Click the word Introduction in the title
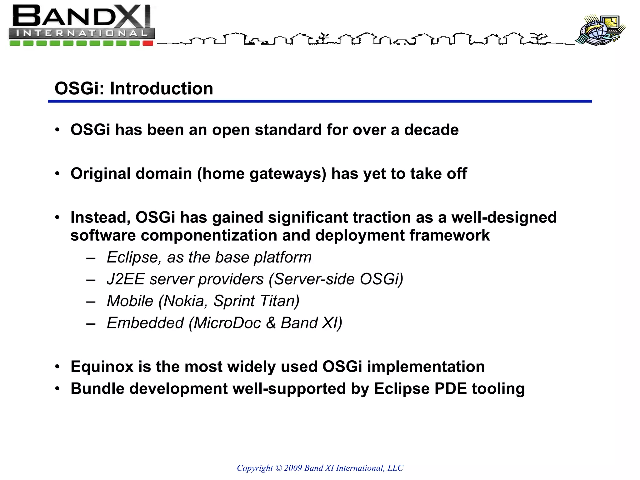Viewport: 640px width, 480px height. (161, 88)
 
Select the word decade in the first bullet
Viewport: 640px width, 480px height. (431, 130)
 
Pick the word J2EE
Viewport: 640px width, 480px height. (126, 279)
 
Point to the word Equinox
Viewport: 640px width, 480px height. (102, 367)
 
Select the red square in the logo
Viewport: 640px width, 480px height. (148, 43)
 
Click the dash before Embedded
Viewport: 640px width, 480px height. (91, 324)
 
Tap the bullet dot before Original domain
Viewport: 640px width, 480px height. (57, 174)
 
